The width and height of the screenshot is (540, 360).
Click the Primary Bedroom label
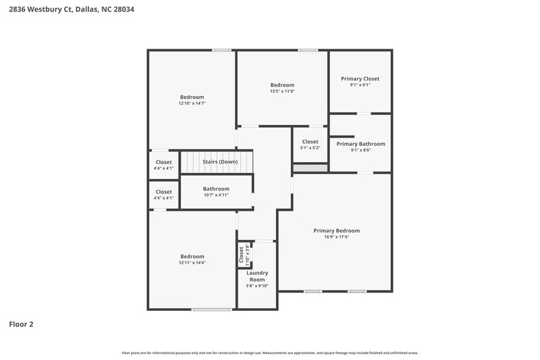[x=336, y=230]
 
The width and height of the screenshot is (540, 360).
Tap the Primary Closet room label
[x=360, y=78]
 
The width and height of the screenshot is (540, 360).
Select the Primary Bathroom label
[x=360, y=144]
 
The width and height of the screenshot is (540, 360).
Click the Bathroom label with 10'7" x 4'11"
[x=216, y=188]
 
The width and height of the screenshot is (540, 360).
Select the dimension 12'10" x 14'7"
[x=192, y=104]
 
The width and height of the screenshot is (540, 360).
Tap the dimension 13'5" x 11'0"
[x=282, y=92]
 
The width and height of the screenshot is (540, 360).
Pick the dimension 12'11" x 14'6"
[x=192, y=263]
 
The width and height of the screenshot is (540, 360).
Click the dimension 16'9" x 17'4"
[x=336, y=237]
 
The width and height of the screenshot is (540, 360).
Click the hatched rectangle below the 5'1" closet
[x=310, y=168]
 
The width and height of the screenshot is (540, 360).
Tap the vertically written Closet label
[x=241, y=255]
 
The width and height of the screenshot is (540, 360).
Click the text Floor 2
[x=21, y=324]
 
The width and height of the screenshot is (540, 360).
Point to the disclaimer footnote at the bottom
[x=269, y=353]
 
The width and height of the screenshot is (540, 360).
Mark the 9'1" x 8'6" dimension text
[x=360, y=151]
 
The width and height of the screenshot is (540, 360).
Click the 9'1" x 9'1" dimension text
[x=360, y=85]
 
